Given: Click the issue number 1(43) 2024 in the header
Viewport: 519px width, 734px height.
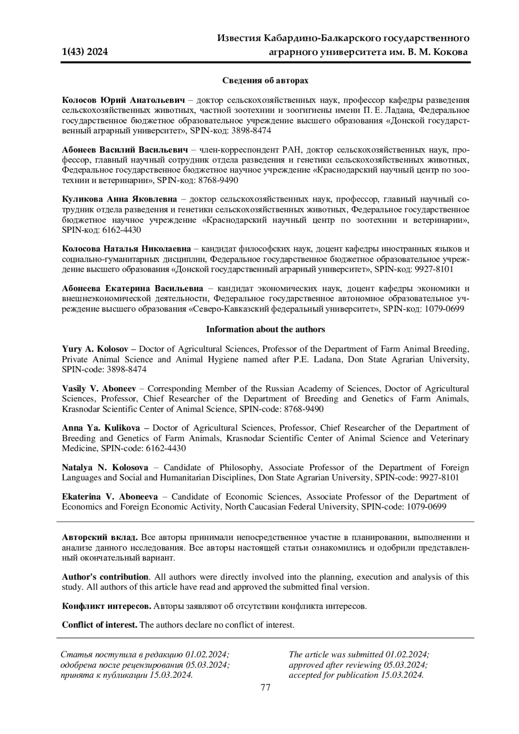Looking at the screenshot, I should click(85, 52).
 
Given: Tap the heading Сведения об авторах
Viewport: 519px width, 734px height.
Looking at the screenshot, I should click(265, 81).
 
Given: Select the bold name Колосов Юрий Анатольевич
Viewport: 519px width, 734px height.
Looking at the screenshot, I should click(123, 100).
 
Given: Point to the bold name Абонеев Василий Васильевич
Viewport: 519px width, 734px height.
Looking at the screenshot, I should click(125, 150).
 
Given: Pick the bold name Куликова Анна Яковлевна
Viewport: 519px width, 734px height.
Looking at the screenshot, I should click(119, 200).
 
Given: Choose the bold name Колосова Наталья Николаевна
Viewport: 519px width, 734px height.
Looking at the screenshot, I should click(126, 250).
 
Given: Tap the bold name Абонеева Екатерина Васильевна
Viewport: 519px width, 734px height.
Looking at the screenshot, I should click(132, 289).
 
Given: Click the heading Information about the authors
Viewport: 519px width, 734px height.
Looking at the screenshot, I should click(265, 330).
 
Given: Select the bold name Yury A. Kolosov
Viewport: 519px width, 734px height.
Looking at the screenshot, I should click(99, 349).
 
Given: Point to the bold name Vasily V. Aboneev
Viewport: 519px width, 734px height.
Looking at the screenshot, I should click(99, 389).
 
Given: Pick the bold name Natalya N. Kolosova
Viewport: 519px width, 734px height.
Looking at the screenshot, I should click(105, 468).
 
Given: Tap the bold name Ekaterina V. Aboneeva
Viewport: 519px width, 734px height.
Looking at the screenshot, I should click(110, 497).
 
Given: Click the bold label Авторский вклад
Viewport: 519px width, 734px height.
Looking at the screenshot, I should click(100, 538).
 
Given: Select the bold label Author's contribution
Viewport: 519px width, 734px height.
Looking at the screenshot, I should click(105, 577).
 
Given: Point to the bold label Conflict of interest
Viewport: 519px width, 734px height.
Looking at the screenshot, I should click(99, 625).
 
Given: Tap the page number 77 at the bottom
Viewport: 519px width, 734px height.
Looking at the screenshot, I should click(266, 688).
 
